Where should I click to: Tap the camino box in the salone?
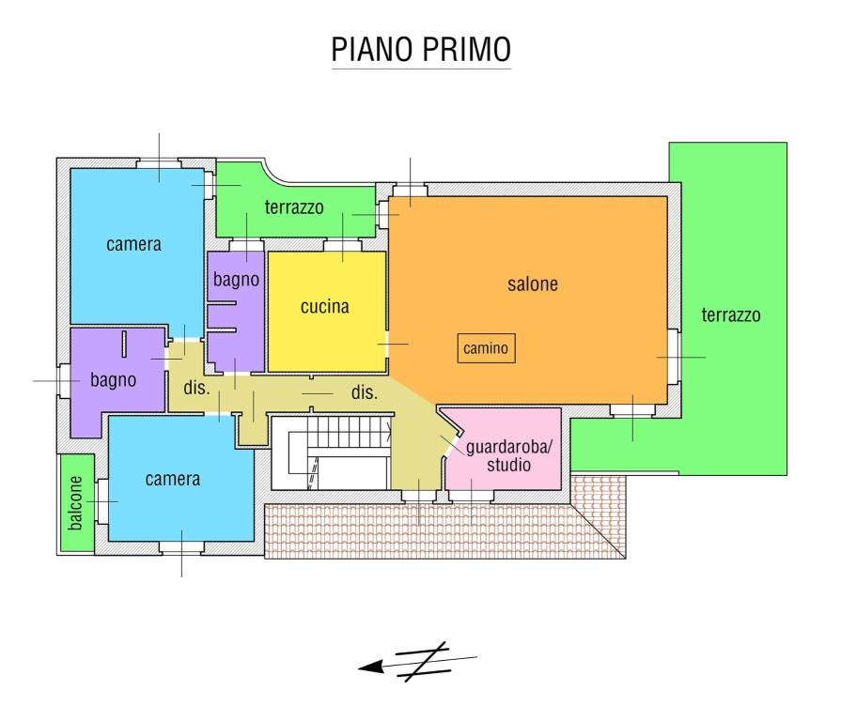click(486, 349)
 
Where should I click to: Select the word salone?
click(533, 284)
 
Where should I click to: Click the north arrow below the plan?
click(417, 662)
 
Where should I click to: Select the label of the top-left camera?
click(133, 245)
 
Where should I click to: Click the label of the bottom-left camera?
click(173, 479)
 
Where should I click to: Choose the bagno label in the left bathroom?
click(114, 380)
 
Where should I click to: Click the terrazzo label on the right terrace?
click(730, 315)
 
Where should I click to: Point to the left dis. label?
click(195, 387)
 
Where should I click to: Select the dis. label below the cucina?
click(364, 393)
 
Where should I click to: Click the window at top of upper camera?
click(159, 163)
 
